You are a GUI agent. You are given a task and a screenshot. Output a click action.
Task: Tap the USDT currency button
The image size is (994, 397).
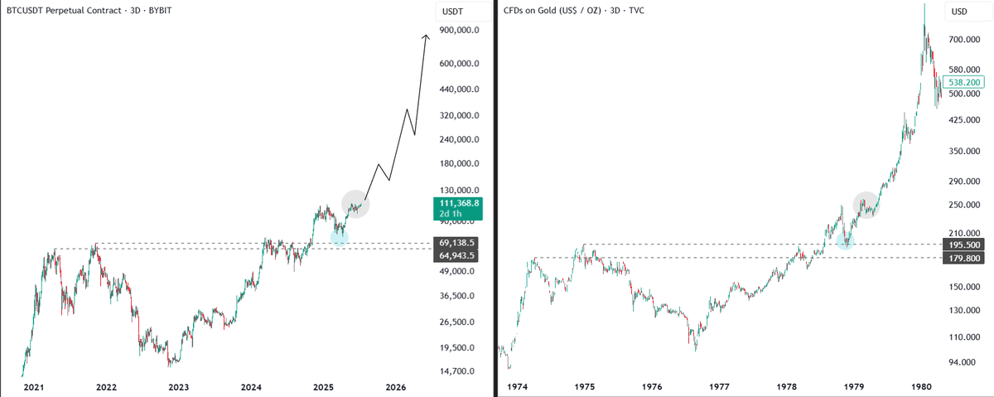(x=453, y=12)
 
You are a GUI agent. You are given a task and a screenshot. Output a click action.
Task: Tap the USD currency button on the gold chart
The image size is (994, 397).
(x=959, y=12)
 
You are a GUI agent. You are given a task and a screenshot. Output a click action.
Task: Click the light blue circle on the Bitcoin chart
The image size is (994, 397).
(x=339, y=237)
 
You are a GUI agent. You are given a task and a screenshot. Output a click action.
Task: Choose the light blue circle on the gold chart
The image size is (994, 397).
(x=845, y=240)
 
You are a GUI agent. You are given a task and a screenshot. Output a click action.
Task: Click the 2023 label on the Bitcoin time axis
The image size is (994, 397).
(x=179, y=387)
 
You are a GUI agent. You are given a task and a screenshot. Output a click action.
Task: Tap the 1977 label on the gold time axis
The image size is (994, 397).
(x=719, y=387)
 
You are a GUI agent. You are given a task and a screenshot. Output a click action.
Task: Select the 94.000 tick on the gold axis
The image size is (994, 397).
(x=960, y=362)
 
